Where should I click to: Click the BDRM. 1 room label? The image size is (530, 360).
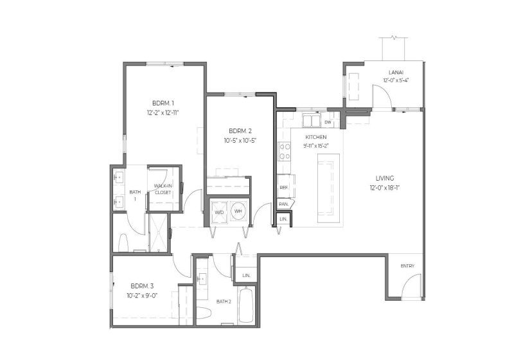point(163,104)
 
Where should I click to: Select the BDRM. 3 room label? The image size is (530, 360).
point(141,286)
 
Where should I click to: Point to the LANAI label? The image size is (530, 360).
point(396,73)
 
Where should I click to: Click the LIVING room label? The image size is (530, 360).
point(385,178)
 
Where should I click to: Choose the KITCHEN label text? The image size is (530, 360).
point(315,137)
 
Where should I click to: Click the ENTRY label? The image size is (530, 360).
point(407,266)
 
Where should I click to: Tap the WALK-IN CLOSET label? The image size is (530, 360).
point(163,189)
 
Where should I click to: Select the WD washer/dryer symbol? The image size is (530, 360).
point(219,211)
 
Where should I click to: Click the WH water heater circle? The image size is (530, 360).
point(238,211)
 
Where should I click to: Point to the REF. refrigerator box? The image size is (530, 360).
point(283,188)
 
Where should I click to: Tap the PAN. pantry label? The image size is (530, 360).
point(283,204)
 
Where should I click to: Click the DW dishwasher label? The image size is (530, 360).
point(327,122)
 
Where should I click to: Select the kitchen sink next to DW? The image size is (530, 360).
point(312,121)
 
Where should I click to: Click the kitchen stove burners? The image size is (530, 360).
point(283,152)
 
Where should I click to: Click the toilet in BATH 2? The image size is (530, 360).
point(203,313)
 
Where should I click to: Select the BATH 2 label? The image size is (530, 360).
point(224,301)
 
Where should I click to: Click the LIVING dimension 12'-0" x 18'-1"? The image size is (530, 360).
point(385,188)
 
